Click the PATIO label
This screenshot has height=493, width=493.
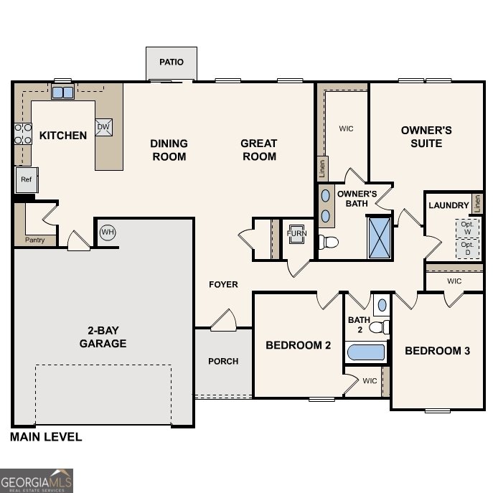(x=171, y=62)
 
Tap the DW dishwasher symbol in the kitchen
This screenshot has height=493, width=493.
(x=103, y=128)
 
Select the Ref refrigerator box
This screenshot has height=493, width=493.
(x=27, y=179)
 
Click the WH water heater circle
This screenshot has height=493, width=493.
(x=107, y=232)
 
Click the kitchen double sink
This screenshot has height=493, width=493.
(x=62, y=92)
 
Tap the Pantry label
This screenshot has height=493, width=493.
(x=34, y=240)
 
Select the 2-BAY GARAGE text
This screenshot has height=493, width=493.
(x=103, y=337)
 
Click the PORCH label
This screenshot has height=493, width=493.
(x=223, y=361)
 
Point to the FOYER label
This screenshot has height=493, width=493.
(x=223, y=285)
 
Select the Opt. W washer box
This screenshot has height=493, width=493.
(x=467, y=227)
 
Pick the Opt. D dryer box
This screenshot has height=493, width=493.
(x=467, y=248)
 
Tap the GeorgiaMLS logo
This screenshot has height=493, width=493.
(x=37, y=480)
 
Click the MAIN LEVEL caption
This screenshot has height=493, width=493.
(x=46, y=436)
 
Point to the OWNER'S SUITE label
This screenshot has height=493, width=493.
(x=426, y=136)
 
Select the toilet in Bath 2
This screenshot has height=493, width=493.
(x=379, y=327)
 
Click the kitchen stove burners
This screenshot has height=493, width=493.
(x=23, y=134)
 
